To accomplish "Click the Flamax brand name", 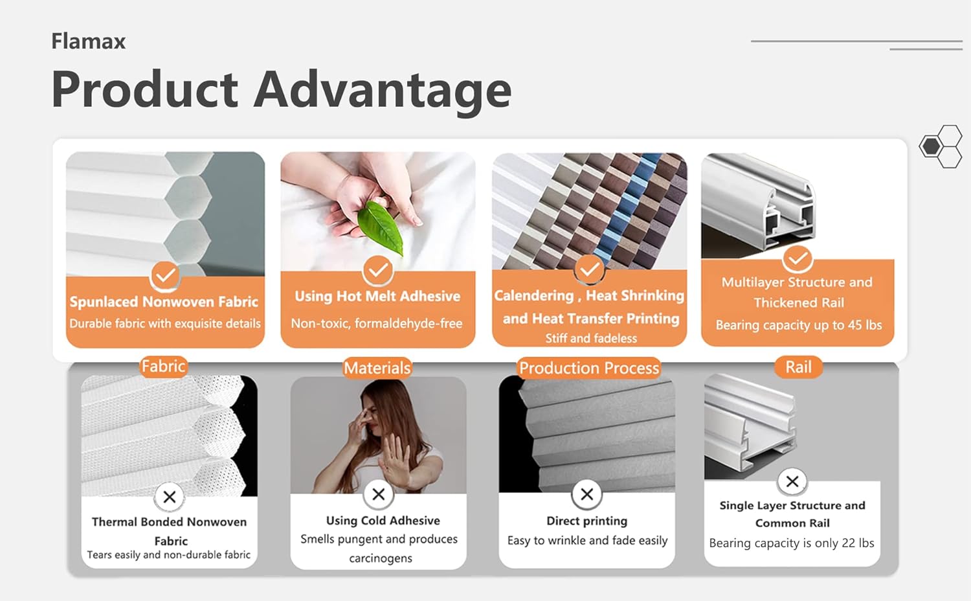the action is (x=89, y=41).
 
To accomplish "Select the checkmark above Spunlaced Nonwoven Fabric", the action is (x=165, y=275).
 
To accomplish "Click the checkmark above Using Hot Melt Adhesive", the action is (x=377, y=269).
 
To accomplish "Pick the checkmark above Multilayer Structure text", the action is (x=798, y=258).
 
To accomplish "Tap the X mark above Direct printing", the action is (x=587, y=494).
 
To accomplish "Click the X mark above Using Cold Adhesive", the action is (x=379, y=494).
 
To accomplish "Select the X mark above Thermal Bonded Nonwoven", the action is (x=170, y=497).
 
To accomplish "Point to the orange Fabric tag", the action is (x=163, y=367).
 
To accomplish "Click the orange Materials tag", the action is (x=377, y=368).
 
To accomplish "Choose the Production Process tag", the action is (x=589, y=368).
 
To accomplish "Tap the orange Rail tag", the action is (x=798, y=367).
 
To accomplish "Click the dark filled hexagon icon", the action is (x=930, y=146).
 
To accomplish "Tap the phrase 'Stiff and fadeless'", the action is (x=591, y=338).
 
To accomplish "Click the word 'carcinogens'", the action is (x=381, y=558).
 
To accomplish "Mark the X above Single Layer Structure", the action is (x=792, y=481).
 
